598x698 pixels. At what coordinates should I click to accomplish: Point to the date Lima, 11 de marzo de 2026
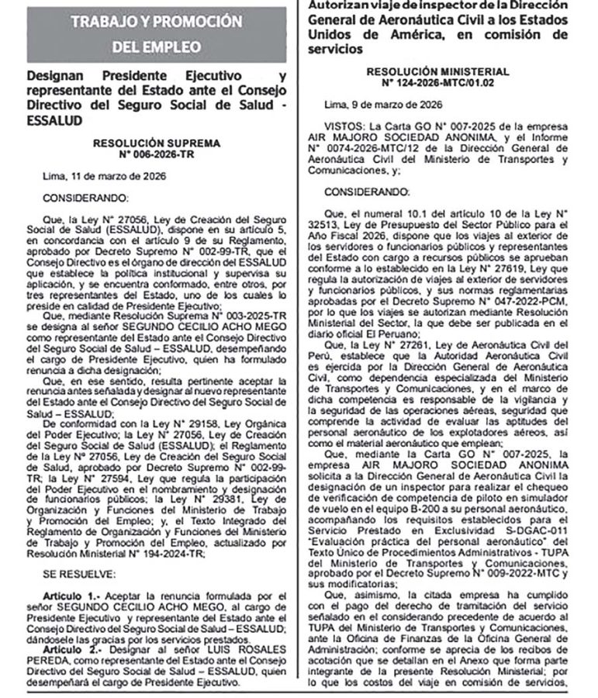click(97, 176)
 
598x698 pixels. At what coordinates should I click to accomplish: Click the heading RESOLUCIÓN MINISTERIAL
click(444, 71)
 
